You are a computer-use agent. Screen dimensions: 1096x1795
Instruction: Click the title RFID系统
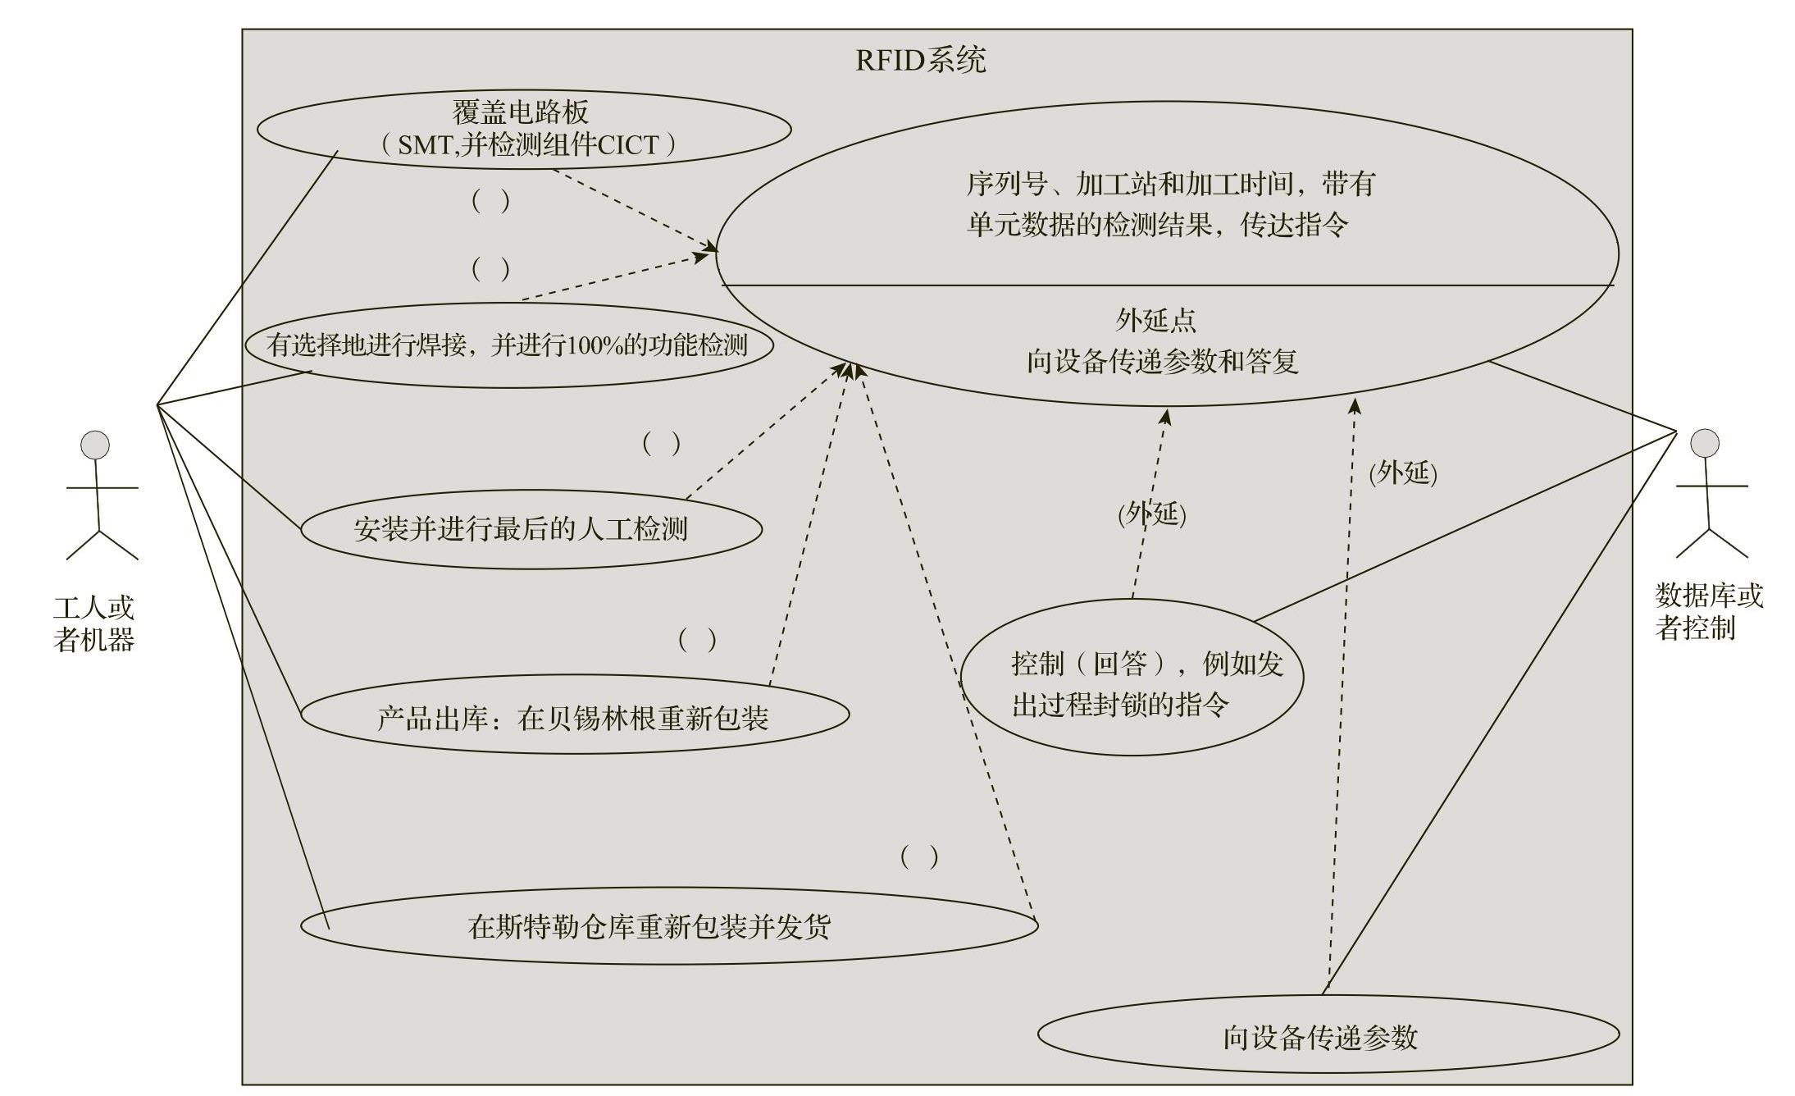pos(920,60)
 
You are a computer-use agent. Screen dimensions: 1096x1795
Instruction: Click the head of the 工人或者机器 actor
pos(95,445)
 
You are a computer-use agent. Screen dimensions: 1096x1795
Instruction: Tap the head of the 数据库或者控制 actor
pos(1704,443)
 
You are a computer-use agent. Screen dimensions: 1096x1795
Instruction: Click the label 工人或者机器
pos(93,623)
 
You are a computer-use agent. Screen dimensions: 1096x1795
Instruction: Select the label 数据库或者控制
pos(1709,611)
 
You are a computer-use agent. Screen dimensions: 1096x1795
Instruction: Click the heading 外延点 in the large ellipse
pos(1155,320)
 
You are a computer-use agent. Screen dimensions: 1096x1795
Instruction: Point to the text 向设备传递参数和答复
pos(1162,361)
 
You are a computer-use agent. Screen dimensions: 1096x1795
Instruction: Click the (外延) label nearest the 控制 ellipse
pos(1152,514)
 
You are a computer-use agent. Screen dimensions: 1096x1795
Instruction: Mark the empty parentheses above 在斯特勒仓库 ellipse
pos(918,857)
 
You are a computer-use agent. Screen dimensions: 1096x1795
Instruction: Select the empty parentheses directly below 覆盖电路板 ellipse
pos(490,201)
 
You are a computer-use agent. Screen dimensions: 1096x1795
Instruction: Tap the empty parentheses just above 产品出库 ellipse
pos(697,639)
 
